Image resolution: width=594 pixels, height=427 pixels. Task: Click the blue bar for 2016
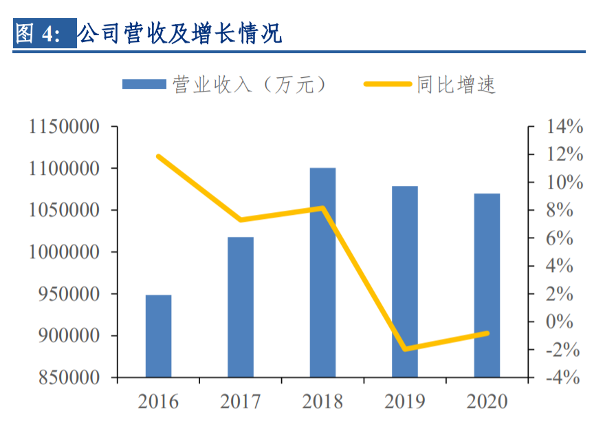[x=158, y=336]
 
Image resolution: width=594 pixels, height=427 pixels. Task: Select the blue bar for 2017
[x=241, y=307]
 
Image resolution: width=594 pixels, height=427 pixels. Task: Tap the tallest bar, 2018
[x=322, y=273]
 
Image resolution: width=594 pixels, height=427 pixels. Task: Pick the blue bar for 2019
[x=405, y=282]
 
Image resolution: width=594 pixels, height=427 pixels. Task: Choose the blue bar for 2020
[x=487, y=285]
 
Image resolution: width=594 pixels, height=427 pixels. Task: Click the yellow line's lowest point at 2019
[x=405, y=349]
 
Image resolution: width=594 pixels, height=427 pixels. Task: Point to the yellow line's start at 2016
[x=159, y=156]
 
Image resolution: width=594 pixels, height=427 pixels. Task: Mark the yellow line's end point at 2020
[x=487, y=333]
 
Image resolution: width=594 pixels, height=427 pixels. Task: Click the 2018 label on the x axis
[x=322, y=402]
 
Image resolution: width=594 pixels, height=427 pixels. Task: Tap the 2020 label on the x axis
[x=487, y=402]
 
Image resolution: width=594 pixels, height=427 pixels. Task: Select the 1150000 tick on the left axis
[x=63, y=127]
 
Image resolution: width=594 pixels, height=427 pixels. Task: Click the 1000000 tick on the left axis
[x=63, y=253]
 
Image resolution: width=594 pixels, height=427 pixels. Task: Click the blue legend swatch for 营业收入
[x=144, y=84]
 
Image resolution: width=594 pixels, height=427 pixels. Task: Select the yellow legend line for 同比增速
[x=388, y=84]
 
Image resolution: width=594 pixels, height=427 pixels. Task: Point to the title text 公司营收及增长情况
[x=180, y=33]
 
